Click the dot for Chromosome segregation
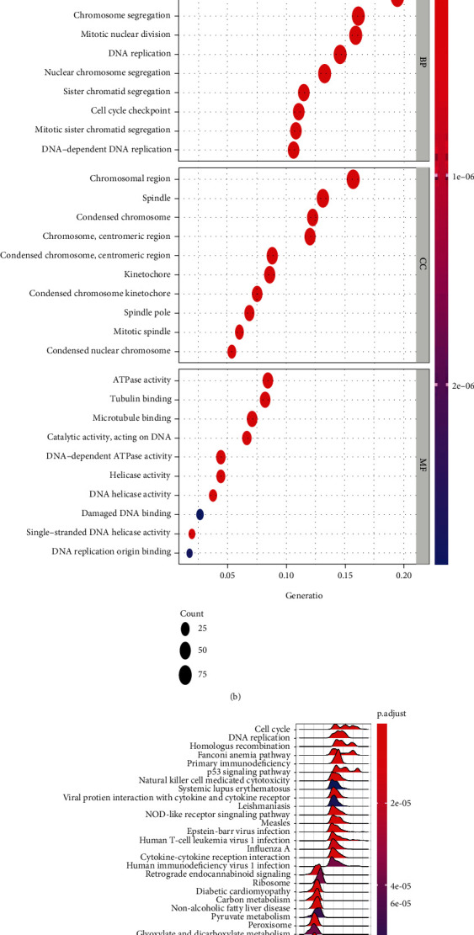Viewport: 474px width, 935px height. click(x=359, y=16)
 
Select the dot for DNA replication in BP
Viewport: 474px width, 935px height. click(x=340, y=54)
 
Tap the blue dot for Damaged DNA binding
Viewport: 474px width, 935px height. click(x=200, y=514)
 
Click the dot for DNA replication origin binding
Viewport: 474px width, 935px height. click(x=189, y=553)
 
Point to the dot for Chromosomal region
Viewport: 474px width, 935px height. click(x=353, y=179)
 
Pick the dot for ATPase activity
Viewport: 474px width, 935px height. click(x=268, y=380)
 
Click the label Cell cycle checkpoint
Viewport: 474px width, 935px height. click(x=130, y=111)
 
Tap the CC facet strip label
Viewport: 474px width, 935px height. click(x=423, y=263)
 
